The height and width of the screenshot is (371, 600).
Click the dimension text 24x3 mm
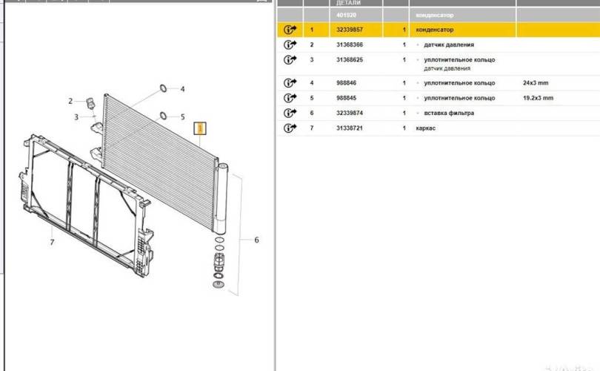click(x=537, y=83)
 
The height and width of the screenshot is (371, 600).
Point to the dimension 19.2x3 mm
click(x=539, y=98)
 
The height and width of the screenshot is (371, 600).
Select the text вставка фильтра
click(x=449, y=113)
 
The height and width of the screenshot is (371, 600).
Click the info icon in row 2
click(x=290, y=45)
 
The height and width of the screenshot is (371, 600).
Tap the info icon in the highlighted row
click(x=290, y=30)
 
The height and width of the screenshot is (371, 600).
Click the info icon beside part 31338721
click(x=290, y=128)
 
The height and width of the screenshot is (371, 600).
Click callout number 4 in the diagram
click(x=183, y=89)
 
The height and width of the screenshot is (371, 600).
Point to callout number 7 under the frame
click(x=52, y=242)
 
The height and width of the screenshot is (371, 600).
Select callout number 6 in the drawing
click(x=256, y=240)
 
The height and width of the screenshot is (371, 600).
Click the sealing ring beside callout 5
click(x=162, y=116)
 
